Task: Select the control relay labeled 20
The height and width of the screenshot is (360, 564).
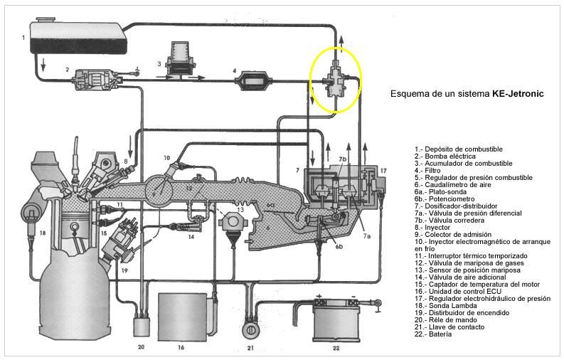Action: tap(141, 327)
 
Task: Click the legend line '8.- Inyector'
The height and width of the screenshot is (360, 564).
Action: tap(434, 228)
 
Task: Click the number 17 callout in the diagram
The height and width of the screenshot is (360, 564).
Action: tap(383, 171)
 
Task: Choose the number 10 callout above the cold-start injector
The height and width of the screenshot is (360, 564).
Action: tap(166, 157)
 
